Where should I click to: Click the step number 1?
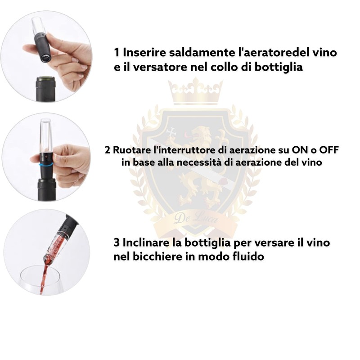pyautogui.click(x=117, y=53)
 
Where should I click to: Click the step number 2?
pyautogui.click(x=107, y=150)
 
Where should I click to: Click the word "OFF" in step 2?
pyautogui.click(x=328, y=150)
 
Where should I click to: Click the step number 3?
pyautogui.click(x=117, y=243)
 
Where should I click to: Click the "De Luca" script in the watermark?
pyautogui.click(x=196, y=219)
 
